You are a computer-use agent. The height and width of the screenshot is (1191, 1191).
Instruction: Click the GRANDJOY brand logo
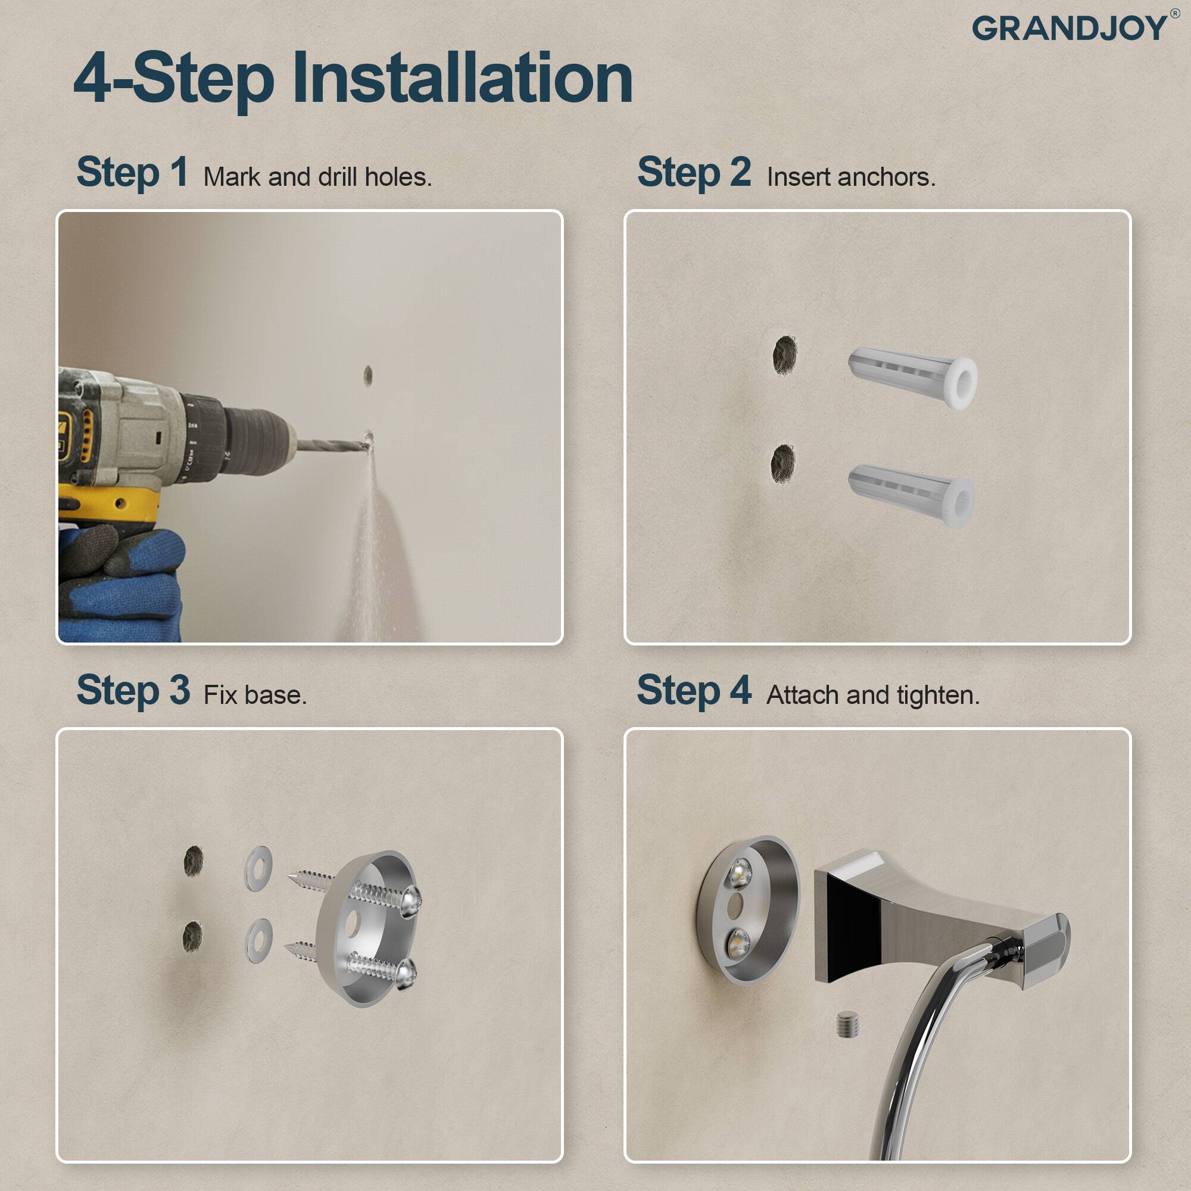[x=1070, y=29]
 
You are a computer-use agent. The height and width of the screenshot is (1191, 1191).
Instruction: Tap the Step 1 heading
[x=132, y=172]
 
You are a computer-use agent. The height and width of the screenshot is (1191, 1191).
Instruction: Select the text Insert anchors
[x=851, y=177]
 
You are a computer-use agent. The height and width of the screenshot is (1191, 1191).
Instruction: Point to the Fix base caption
[x=255, y=696]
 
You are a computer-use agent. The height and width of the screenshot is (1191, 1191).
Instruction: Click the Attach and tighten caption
[x=872, y=696]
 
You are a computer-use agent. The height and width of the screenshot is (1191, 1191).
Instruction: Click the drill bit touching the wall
[x=333, y=444]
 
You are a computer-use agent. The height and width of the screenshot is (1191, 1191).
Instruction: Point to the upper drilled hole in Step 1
[x=368, y=375]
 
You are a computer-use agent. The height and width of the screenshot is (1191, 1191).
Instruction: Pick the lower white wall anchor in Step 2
[x=911, y=495]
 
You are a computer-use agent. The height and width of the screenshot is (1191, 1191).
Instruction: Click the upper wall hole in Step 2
[x=785, y=354]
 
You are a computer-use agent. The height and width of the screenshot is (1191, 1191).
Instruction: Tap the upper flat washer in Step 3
[x=259, y=868]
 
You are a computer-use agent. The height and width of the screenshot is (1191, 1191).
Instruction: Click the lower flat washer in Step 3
[x=259, y=940]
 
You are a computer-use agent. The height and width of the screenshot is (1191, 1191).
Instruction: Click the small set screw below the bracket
[x=848, y=1024]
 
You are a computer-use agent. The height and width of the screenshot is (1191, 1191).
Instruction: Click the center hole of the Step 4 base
[x=735, y=905]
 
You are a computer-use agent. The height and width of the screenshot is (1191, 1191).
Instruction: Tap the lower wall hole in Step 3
[x=192, y=936]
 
